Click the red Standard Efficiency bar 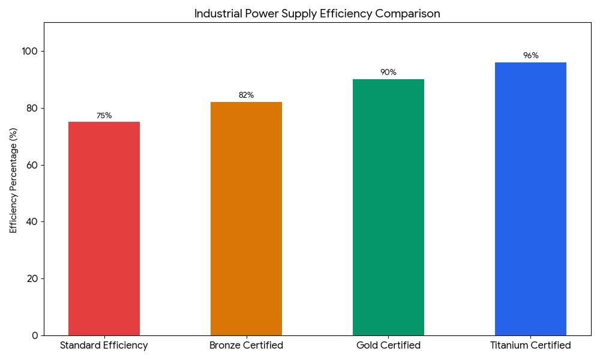coord(104,229)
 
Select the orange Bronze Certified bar coord(246,218)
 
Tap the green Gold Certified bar coord(388,207)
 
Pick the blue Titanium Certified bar coord(530,199)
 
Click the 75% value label coord(104,116)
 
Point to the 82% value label coord(246,95)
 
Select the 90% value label coord(388,73)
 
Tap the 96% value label coord(530,56)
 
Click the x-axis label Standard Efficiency coord(104,346)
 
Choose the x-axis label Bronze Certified coord(246,346)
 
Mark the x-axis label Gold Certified coord(388,346)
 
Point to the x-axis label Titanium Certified coord(530,346)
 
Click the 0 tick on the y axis coord(34,335)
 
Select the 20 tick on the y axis coord(31,278)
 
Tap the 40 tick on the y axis coord(31,222)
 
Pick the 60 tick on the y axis coord(31,165)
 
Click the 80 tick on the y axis coord(31,108)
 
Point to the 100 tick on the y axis coord(29,51)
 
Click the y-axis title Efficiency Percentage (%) coord(13,180)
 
